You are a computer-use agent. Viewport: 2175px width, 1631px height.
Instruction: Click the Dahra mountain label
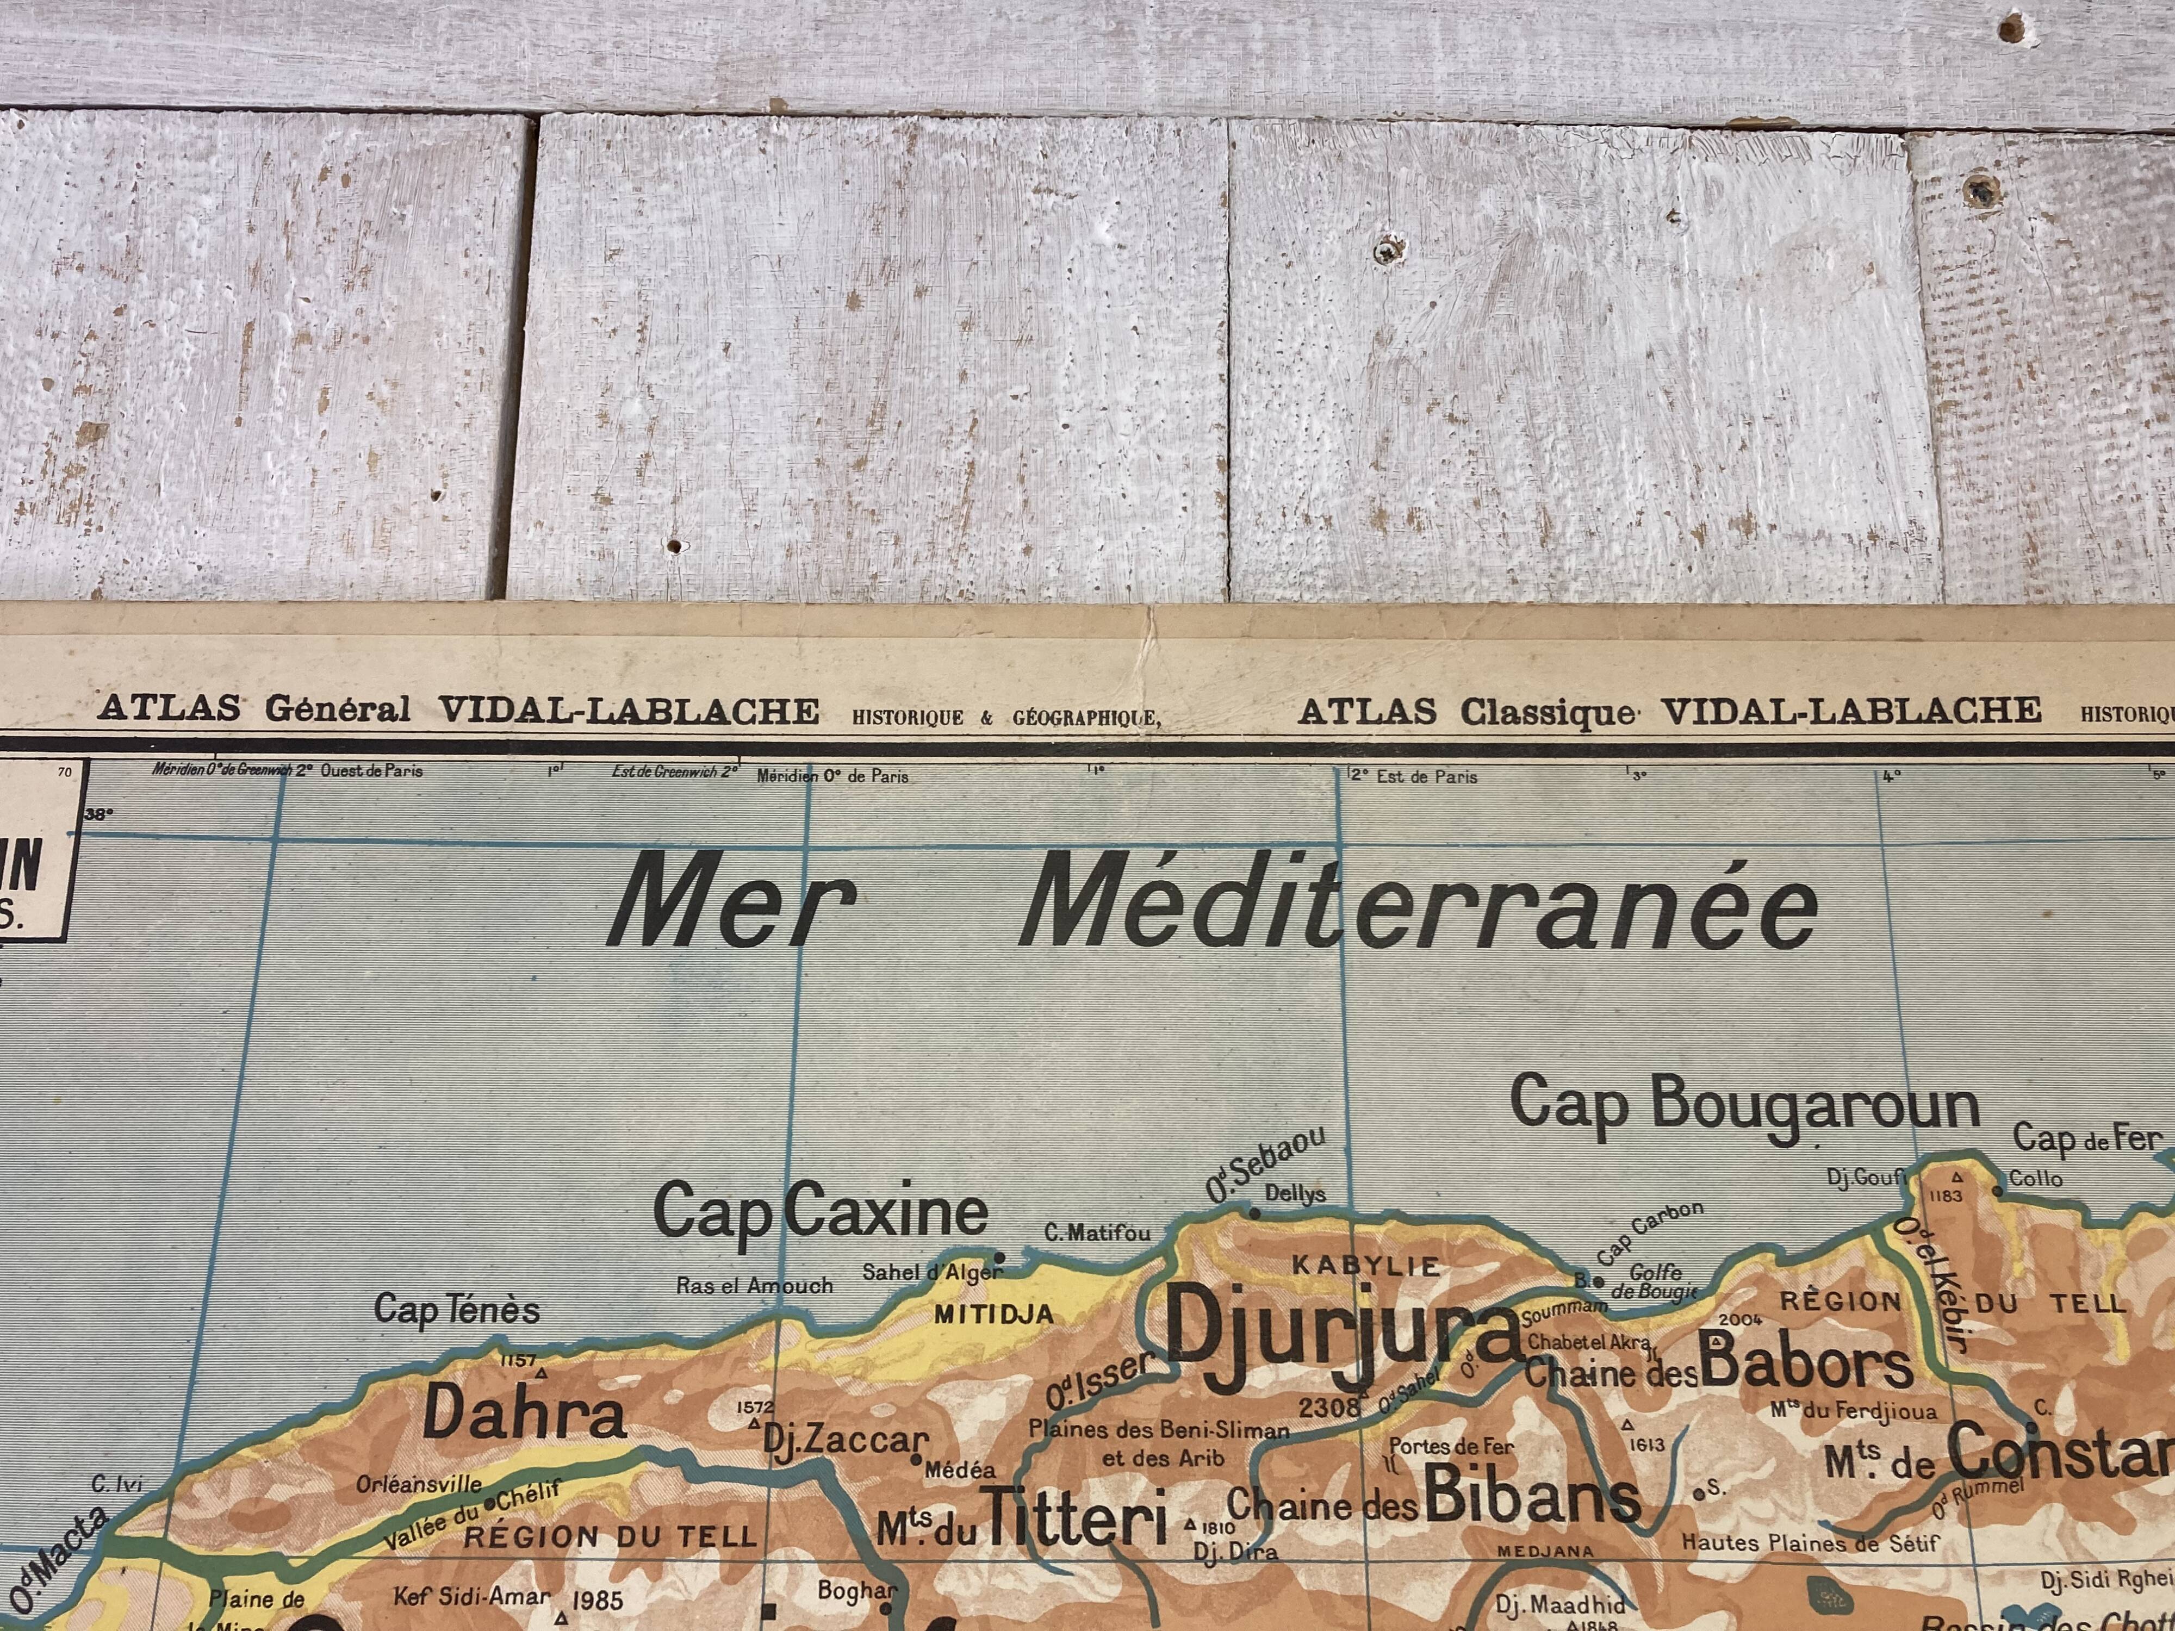coord(524,1415)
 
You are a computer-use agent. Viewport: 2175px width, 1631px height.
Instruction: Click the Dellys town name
coord(1295,1194)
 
